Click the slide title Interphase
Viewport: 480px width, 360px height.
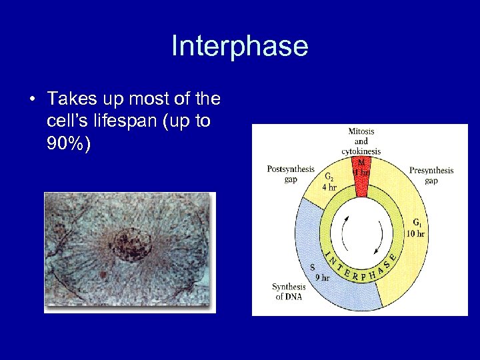239,47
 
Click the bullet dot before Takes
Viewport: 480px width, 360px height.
32,100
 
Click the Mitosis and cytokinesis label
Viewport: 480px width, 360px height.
361,141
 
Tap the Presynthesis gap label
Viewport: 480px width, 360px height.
431,175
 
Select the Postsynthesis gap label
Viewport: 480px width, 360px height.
291,174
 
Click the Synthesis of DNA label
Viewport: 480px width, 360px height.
289,291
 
